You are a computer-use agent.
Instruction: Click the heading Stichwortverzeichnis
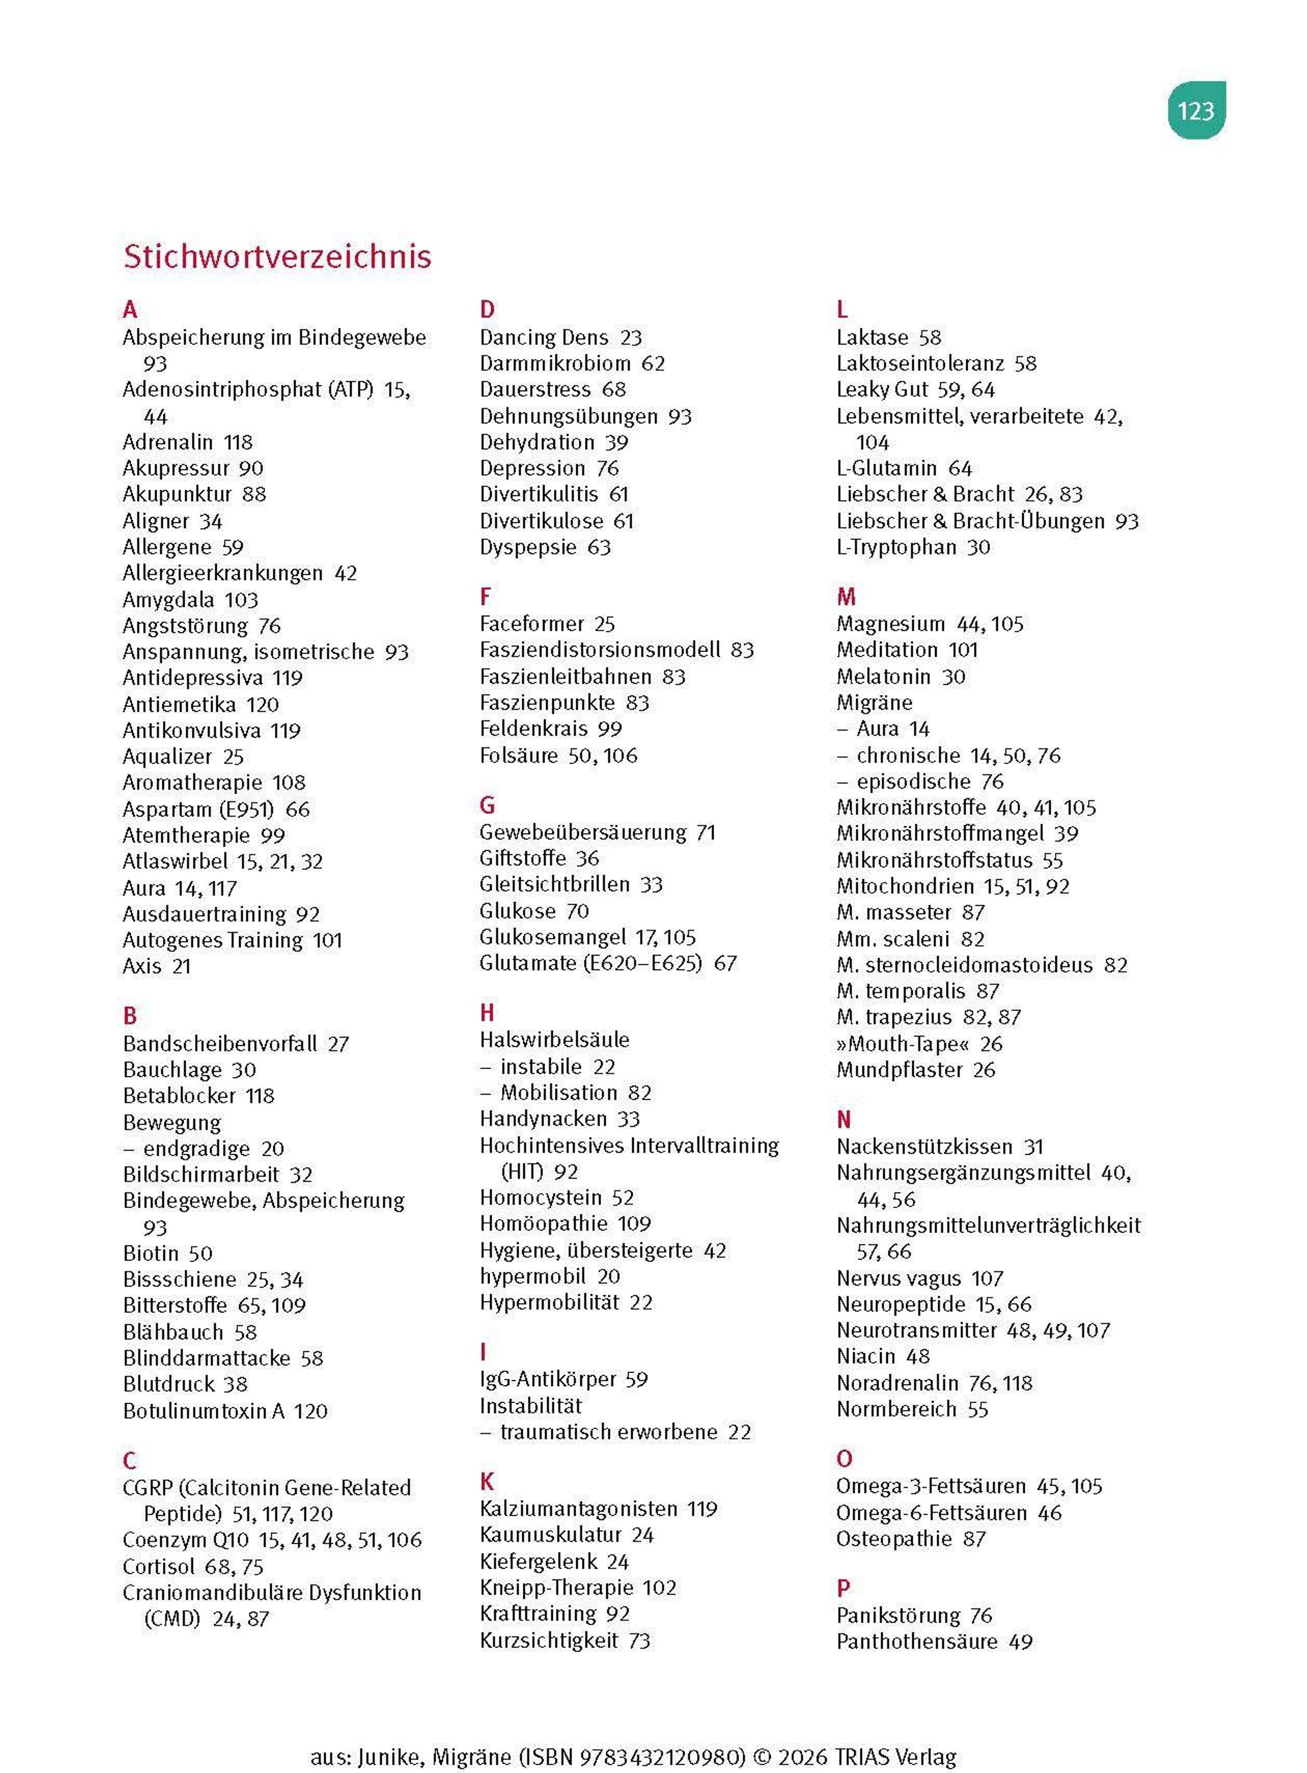(277, 257)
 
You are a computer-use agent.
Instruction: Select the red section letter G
(487, 806)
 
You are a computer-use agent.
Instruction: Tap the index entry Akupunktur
(176, 495)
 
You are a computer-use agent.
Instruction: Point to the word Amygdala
(168, 600)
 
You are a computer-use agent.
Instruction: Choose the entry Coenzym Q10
(185, 1540)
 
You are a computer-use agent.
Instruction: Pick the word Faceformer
(532, 624)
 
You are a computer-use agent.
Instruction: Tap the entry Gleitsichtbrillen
(554, 885)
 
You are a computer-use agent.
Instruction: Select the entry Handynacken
(543, 1119)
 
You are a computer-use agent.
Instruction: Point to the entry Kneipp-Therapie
(556, 1588)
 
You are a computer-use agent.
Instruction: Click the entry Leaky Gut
(881, 389)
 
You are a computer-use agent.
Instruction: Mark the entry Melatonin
(883, 677)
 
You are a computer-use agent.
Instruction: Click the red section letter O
(844, 1458)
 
